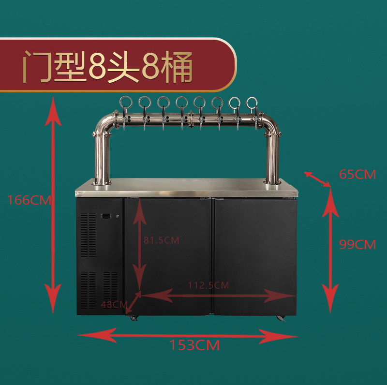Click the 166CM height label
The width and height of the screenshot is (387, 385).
29,200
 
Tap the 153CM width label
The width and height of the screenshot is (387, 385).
194,345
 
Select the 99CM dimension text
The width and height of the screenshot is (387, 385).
357,244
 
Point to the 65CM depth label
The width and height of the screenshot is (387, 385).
357,174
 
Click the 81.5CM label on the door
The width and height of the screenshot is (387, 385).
162,240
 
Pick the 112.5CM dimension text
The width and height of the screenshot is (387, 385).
208,285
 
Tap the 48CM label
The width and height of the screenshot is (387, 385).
114,304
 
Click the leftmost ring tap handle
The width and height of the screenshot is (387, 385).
126,102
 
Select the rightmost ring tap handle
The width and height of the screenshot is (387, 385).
252,103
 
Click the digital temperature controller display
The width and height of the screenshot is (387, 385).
106,216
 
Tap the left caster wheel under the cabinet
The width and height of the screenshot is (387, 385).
134,318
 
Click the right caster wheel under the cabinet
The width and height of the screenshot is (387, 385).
281,318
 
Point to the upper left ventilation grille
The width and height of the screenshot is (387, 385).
88,235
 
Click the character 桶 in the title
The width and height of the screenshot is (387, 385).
177,67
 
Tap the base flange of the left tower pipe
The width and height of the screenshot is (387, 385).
102,183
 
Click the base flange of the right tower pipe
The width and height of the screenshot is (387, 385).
273,182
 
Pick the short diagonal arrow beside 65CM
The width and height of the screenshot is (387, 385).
317,179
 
